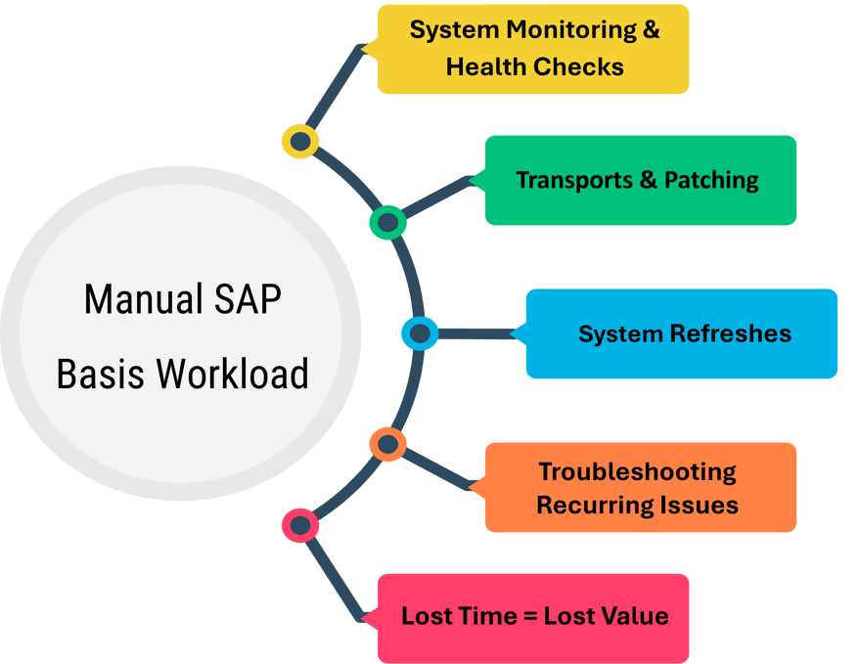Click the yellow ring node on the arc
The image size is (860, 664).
[x=300, y=142]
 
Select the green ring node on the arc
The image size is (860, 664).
[x=387, y=222]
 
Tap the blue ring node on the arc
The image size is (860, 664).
[x=420, y=333]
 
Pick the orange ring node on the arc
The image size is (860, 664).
[x=387, y=445]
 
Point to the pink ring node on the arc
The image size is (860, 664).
[x=300, y=526]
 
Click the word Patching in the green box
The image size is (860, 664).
[x=711, y=180]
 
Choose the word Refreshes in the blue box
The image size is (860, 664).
[x=730, y=334]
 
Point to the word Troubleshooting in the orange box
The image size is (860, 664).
[x=637, y=471]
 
